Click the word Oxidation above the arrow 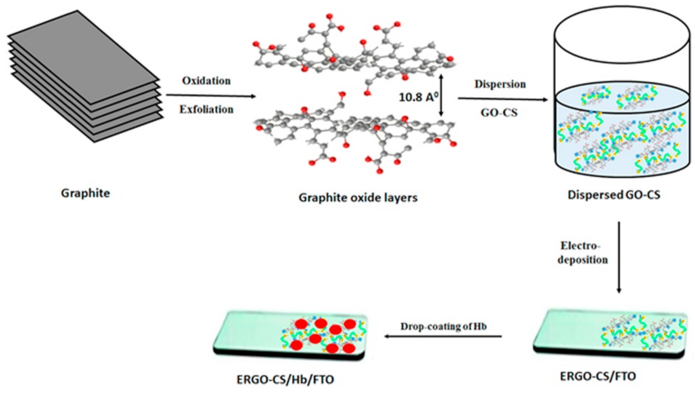(x=206, y=81)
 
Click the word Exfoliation (x=206, y=110)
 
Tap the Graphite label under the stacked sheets (x=86, y=193)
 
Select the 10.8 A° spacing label (x=418, y=97)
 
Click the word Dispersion (x=500, y=84)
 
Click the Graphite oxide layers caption (x=358, y=198)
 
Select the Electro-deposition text (x=582, y=253)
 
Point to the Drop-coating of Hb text (x=443, y=326)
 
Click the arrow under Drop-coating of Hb (x=443, y=336)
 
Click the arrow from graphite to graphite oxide (x=211, y=96)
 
